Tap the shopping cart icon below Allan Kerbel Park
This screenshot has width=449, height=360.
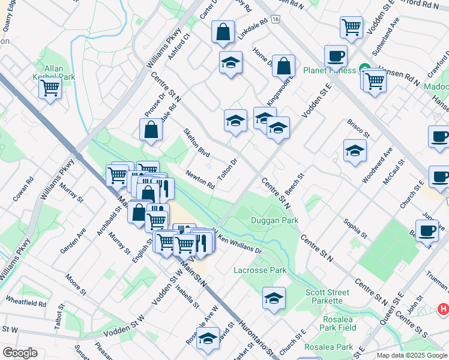point(50,89)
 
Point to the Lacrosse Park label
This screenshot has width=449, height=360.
point(260,271)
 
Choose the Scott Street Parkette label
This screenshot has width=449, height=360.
point(324,296)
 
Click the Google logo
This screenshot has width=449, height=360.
point(20,352)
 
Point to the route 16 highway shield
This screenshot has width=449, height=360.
point(275,20)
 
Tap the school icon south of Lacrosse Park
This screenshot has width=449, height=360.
point(274,297)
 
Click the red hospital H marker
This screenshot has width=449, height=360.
point(443,310)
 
